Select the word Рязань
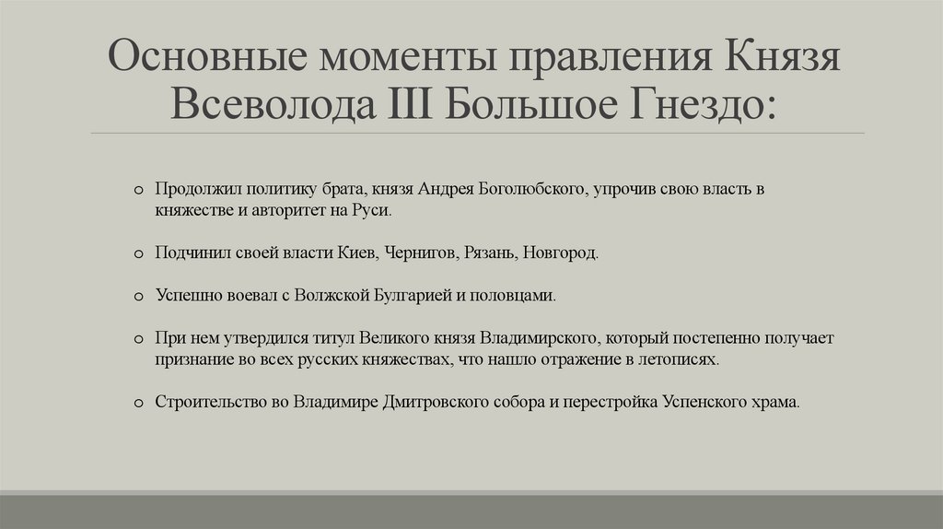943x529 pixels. [493, 252]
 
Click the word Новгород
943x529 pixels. [561, 252]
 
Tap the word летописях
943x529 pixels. [684, 359]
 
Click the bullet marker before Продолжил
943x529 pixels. [137, 190]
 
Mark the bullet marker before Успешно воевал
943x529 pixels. [137, 297]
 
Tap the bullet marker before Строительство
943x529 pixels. [137, 404]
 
